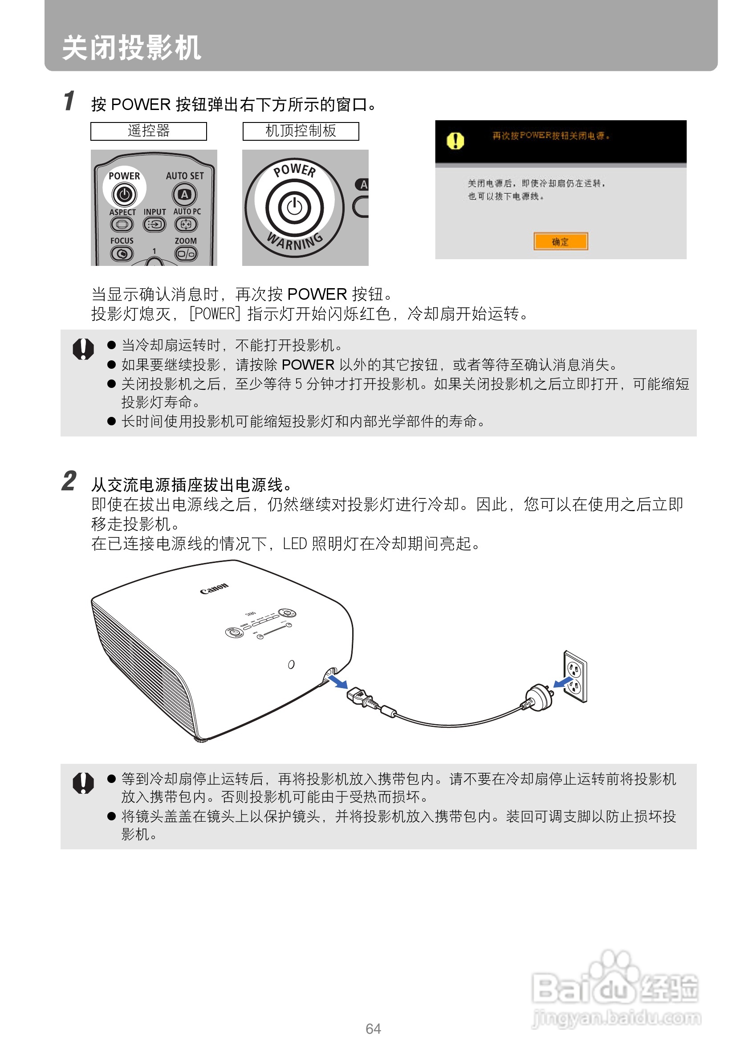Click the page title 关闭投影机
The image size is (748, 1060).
click(x=131, y=48)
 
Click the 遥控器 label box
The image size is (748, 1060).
click(x=149, y=131)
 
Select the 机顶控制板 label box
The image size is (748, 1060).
click(x=301, y=131)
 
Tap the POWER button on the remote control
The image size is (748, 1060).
click(x=124, y=194)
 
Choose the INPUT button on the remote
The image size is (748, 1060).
click(x=154, y=224)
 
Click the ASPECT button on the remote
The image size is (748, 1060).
click(x=122, y=224)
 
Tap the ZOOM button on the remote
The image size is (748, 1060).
click(x=186, y=253)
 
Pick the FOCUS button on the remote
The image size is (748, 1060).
click(x=122, y=253)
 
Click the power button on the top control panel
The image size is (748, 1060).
click(x=294, y=207)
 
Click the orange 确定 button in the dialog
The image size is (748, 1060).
click(x=561, y=241)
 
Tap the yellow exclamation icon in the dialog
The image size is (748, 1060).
click(x=455, y=140)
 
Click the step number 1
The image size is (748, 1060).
click(x=69, y=101)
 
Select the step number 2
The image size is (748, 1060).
click(x=69, y=481)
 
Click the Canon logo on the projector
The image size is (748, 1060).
click(x=214, y=589)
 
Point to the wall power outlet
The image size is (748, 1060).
click(x=575, y=677)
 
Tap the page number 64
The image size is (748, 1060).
click(x=373, y=1029)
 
